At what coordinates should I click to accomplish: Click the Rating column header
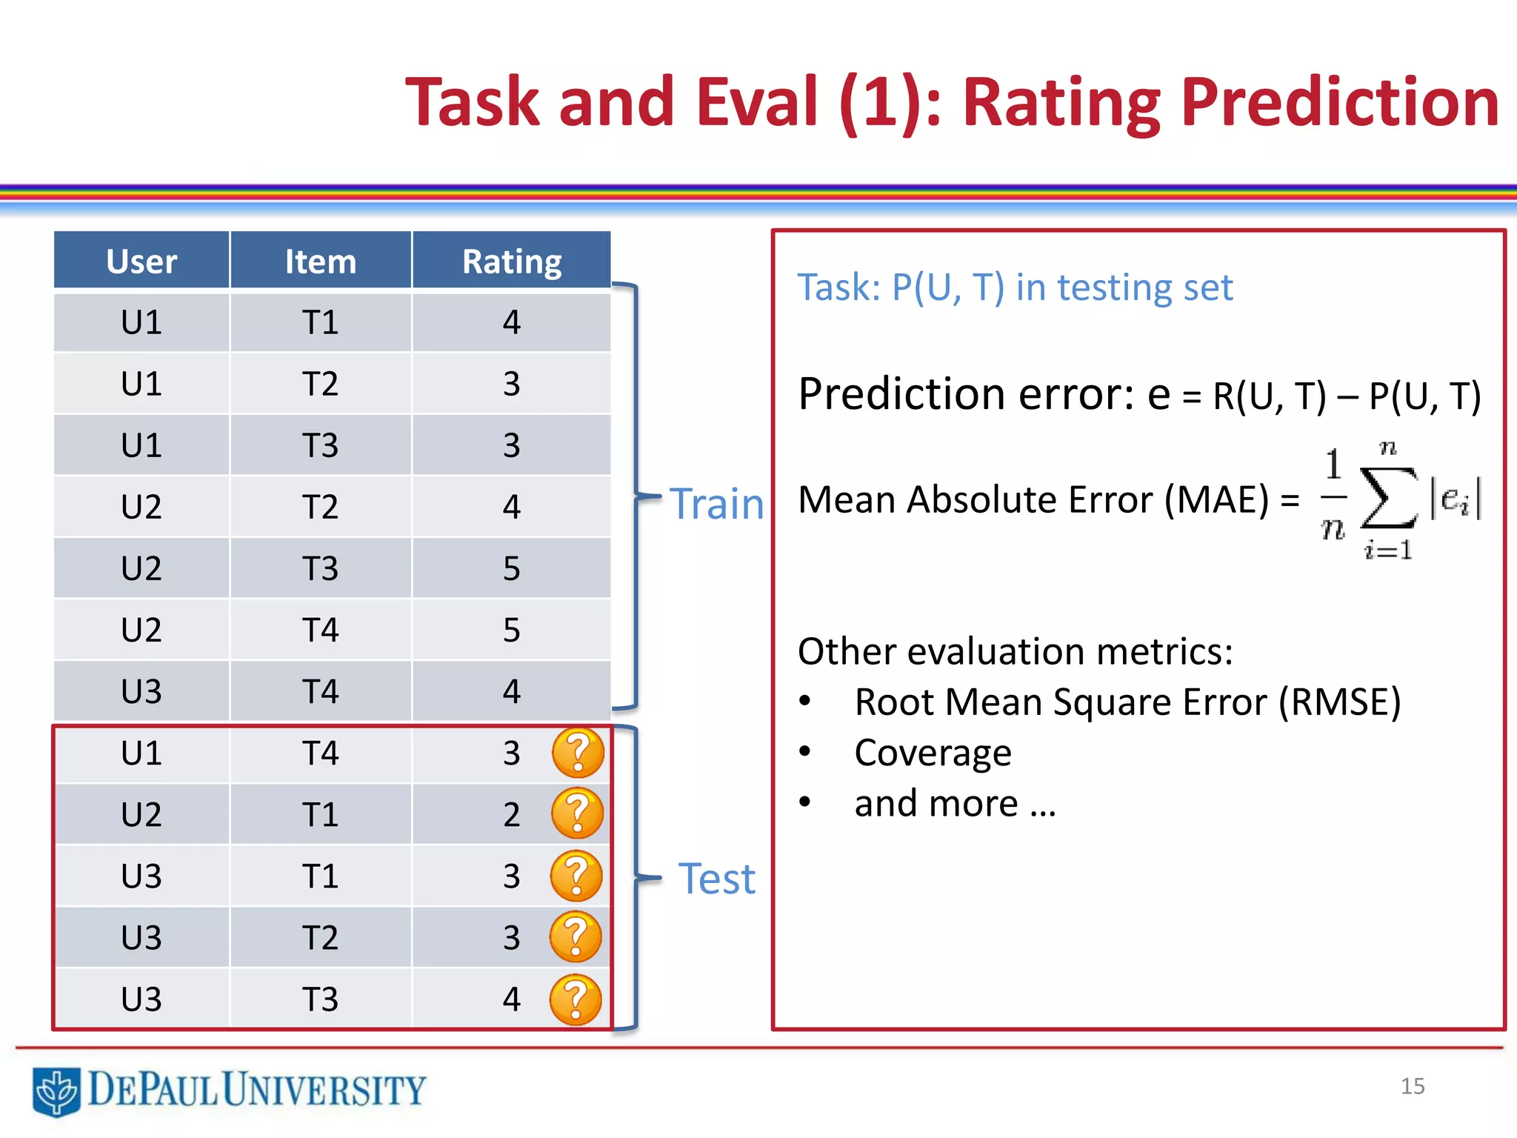pos(511,262)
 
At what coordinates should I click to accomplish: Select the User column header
pos(141,262)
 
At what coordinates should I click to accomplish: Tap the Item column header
pos(320,262)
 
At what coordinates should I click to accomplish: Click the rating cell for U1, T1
pos(511,322)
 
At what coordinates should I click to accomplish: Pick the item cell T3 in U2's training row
pos(320,568)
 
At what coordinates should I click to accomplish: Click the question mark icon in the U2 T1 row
pos(578,813)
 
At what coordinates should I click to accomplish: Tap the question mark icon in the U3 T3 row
pos(576,999)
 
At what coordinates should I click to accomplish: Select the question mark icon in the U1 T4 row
pos(578,752)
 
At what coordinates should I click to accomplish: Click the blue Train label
pos(716,504)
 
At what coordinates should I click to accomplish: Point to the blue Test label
pos(716,879)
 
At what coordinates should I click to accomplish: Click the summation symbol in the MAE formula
pos(1388,499)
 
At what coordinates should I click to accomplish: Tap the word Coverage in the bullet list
pos(933,753)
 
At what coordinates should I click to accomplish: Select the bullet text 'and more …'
pos(955,803)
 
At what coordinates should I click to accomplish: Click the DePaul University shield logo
pos(56,1091)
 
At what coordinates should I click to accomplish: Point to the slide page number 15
pos(1412,1086)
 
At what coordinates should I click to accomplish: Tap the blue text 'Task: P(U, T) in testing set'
pos(1015,287)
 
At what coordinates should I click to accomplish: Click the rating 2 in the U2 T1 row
pos(511,814)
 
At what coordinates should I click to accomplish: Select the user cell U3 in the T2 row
pos(141,937)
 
